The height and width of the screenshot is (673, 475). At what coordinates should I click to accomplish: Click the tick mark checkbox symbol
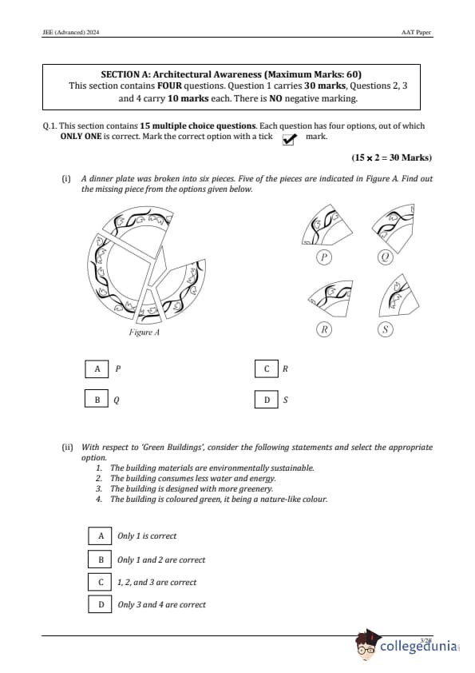coord(289,139)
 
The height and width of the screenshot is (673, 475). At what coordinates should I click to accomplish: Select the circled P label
coord(324,257)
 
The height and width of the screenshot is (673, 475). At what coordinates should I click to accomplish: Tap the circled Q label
coord(385,257)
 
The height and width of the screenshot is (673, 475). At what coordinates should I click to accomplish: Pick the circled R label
coord(324,329)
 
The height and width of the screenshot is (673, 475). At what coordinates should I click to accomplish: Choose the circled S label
coord(386,329)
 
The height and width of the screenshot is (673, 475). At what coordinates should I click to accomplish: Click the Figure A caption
coord(144,333)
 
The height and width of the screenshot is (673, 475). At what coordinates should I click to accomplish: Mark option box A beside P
coord(97,368)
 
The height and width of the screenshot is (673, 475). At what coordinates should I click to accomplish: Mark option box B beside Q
coord(97,399)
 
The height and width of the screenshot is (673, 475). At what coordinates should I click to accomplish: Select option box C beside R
coord(266,368)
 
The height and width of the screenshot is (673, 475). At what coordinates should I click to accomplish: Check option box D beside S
coord(266,399)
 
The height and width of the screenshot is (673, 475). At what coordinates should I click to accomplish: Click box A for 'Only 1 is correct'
coord(101,536)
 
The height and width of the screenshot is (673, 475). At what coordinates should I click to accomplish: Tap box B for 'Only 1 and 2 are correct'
coord(101,560)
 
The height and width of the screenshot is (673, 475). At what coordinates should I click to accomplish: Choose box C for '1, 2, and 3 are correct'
coord(101,582)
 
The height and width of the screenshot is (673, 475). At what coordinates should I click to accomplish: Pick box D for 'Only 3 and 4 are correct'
coord(101,604)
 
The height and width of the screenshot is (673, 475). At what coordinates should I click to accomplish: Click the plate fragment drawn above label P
coord(326,225)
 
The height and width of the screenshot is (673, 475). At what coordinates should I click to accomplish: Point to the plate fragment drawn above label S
coord(398,297)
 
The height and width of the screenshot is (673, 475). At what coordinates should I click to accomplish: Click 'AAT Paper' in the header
coord(416,32)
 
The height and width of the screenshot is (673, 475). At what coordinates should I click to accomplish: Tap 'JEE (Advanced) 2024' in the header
coord(71,32)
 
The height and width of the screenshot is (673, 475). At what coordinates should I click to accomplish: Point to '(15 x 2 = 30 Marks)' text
coord(391,157)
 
